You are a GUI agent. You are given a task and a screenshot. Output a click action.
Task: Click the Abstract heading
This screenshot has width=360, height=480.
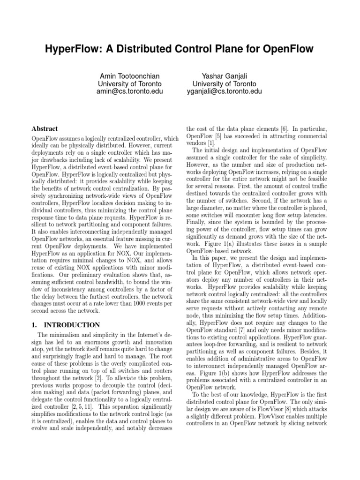pyautogui.click(x=45, y=128)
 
